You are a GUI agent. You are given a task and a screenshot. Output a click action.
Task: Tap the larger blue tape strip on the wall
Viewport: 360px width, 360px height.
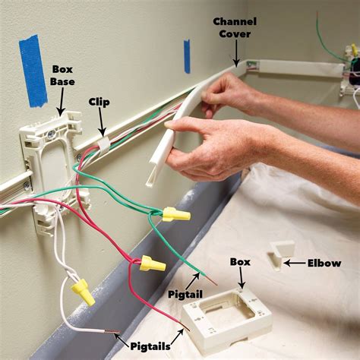click(33, 69)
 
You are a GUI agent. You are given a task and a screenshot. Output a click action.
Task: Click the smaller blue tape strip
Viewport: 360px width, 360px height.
click(187, 56)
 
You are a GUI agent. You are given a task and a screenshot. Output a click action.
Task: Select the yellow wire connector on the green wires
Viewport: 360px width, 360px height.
click(175, 214)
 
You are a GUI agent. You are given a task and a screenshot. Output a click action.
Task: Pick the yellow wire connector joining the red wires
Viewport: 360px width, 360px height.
click(152, 264)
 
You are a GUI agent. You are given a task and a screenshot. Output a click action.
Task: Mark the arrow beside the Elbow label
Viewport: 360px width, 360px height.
click(294, 264)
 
